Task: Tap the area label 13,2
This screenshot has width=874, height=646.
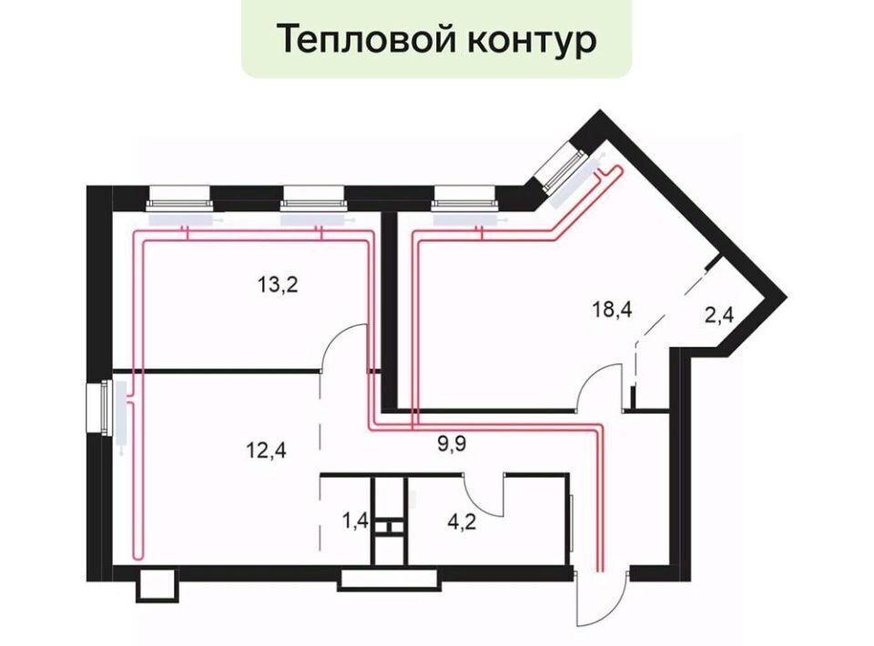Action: (278, 286)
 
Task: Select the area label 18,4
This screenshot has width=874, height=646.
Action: (612, 308)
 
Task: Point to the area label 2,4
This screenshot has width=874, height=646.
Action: (718, 316)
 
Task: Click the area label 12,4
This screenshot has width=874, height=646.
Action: (267, 450)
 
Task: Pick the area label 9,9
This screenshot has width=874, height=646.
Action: (451, 444)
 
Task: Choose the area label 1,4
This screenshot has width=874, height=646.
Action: (355, 522)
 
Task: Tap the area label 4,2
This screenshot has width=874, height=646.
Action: (462, 522)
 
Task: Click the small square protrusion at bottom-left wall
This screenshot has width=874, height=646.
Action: (158, 585)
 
